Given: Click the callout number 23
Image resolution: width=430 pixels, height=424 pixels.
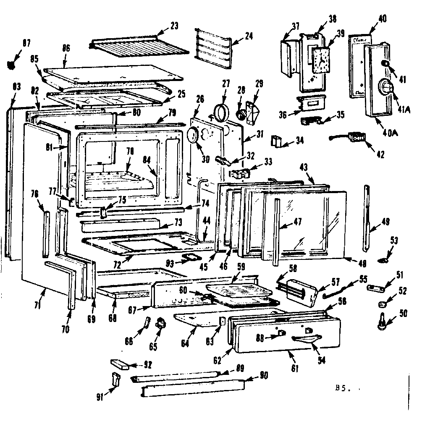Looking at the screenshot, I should (x=174, y=26).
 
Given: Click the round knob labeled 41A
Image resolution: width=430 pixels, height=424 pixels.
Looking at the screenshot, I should (x=385, y=86).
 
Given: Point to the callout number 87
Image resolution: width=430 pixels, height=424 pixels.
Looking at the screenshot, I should (x=26, y=42).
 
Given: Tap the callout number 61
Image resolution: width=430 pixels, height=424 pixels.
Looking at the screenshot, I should (x=295, y=369).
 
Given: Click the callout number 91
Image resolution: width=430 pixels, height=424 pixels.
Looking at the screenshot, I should (x=100, y=397).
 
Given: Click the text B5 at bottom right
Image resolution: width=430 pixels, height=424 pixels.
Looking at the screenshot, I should (x=340, y=389).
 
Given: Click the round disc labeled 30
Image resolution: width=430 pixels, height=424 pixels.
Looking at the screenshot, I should (x=192, y=136).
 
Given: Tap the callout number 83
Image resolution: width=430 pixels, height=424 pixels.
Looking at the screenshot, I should (x=16, y=87).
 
